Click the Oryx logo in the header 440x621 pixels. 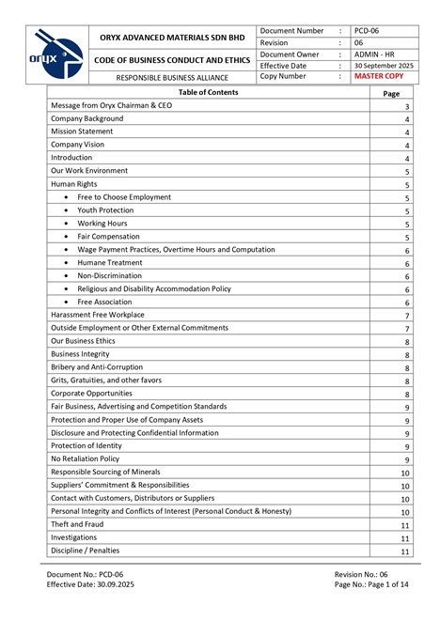[58, 54]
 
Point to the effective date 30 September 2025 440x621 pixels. [384, 66]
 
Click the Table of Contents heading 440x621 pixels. [208, 92]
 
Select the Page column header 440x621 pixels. [392, 94]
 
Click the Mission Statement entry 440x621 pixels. [82, 132]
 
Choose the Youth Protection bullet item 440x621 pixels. [105, 210]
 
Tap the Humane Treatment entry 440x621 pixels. [110, 263]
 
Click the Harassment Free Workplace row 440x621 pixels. [98, 315]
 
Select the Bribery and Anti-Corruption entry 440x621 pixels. [97, 366]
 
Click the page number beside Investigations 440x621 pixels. [405, 538]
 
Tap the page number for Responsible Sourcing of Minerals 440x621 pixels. [405, 473]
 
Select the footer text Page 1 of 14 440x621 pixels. [371, 583]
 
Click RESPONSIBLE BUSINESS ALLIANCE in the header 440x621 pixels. [173, 77]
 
